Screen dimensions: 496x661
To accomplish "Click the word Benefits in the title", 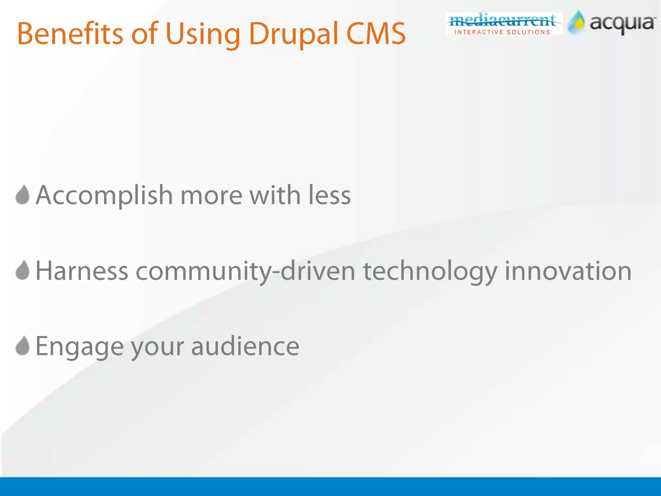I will [x=70, y=34].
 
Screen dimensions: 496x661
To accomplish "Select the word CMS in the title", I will [x=376, y=34].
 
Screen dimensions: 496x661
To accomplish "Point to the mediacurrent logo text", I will [x=502, y=21].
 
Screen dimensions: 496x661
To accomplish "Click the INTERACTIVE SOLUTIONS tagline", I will [x=502, y=32].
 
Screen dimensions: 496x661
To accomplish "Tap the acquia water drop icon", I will [x=577, y=22].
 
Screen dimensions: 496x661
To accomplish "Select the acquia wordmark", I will [x=622, y=24].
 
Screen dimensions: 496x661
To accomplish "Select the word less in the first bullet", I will [x=330, y=195].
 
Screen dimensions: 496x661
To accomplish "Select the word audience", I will [x=245, y=346].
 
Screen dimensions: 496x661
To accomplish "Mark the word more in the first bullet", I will [x=211, y=196].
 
